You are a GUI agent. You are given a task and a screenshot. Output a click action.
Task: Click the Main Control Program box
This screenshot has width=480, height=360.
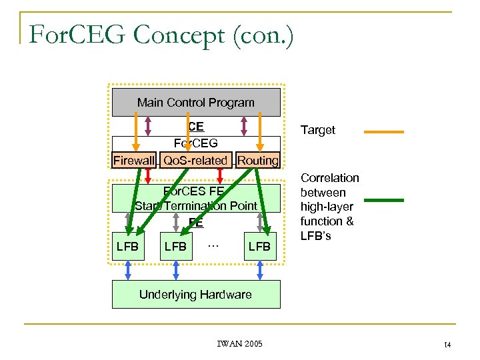[195, 103]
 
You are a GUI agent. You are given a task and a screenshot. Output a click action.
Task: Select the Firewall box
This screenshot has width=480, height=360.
[133, 161]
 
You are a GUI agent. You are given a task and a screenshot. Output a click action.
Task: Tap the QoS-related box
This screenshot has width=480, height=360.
[195, 161]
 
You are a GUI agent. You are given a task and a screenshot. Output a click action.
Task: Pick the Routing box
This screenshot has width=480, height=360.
[258, 161]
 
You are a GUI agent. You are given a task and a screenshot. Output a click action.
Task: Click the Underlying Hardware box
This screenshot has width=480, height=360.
[195, 294]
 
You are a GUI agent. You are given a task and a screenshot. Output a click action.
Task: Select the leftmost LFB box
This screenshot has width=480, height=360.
[127, 247]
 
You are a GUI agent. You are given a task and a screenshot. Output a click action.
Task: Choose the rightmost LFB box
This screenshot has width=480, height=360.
[259, 247]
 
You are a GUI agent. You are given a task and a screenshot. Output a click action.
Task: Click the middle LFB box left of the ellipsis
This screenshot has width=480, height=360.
[175, 247]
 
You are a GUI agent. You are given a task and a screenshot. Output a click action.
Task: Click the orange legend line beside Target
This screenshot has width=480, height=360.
[383, 131]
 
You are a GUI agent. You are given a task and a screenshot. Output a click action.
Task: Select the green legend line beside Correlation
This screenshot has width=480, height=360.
[383, 199]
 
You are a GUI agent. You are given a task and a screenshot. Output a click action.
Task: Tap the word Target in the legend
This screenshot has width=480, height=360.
[318, 130]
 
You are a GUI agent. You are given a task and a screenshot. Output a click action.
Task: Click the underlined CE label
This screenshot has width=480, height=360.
[195, 127]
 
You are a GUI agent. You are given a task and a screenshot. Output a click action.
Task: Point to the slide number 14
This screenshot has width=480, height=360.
[447, 344]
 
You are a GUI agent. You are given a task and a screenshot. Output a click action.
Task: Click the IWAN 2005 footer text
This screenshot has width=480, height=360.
[240, 344]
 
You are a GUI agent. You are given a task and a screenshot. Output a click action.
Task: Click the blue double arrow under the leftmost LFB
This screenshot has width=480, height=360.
[127, 270]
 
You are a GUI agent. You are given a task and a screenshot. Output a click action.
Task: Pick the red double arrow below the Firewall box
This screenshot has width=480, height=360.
[147, 175]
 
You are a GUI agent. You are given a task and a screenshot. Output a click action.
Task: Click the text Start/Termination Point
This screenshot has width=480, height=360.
[195, 206]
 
